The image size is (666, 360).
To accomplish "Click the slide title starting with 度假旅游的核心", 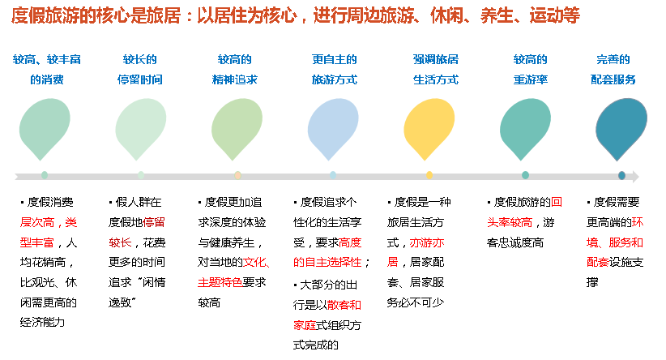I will click(296, 16).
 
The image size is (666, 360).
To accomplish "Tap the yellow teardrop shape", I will click(429, 129).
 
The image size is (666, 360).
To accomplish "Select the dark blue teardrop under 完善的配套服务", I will click(621, 129).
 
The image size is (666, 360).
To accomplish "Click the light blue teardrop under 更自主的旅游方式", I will click(333, 129).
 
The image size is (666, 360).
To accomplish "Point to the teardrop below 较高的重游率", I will click(525, 129).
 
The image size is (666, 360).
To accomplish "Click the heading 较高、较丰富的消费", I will click(47, 70).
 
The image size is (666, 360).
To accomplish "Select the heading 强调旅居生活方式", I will click(436, 70).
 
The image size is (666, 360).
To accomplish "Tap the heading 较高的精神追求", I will click(237, 70).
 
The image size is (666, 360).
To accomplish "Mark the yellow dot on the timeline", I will click(429, 175).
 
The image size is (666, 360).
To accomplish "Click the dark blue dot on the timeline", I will click(621, 175).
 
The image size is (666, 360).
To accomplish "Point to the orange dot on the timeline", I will click(237, 175).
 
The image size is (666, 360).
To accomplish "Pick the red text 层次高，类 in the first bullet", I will click(49, 221).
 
